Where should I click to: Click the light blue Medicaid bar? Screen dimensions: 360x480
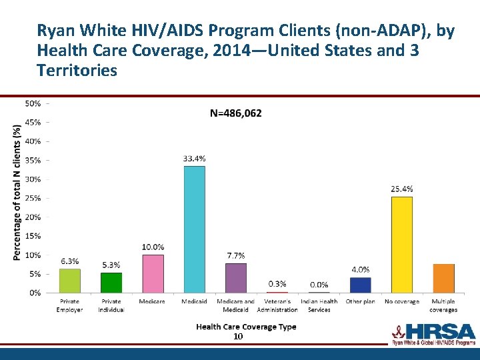click(194, 229)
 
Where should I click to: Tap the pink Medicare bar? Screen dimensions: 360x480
click(153, 273)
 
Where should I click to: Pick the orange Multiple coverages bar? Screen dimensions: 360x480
click(443, 279)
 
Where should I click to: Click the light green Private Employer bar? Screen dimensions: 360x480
click(69, 281)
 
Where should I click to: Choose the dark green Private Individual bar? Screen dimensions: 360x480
click(111, 283)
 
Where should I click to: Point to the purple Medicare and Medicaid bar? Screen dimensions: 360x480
click(235, 278)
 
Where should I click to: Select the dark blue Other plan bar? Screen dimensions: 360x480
click(360, 285)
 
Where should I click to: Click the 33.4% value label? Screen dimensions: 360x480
click(194, 158)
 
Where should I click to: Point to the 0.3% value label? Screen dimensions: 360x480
click(277, 284)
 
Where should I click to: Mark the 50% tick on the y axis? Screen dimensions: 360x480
click(33, 103)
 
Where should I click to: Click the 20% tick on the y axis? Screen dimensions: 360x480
click(33, 217)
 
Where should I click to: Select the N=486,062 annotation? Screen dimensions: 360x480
click(236, 113)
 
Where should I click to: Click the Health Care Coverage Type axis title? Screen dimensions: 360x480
click(246, 327)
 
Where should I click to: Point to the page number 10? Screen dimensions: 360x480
click(238, 337)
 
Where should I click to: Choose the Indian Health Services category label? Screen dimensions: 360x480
click(319, 305)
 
